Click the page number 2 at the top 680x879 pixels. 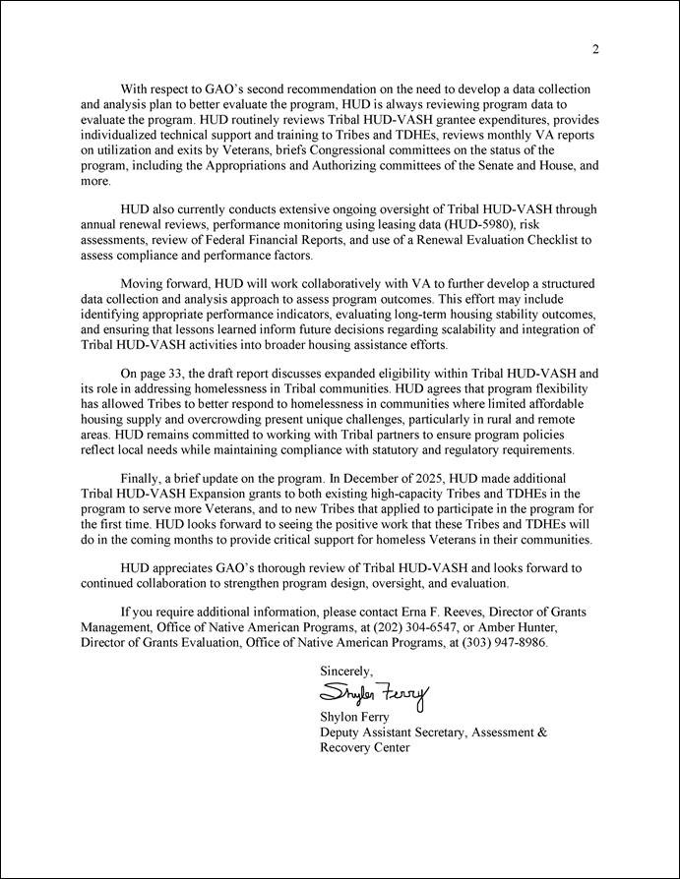(x=595, y=50)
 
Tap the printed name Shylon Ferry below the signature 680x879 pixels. (x=355, y=717)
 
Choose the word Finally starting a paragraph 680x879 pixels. (x=142, y=477)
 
